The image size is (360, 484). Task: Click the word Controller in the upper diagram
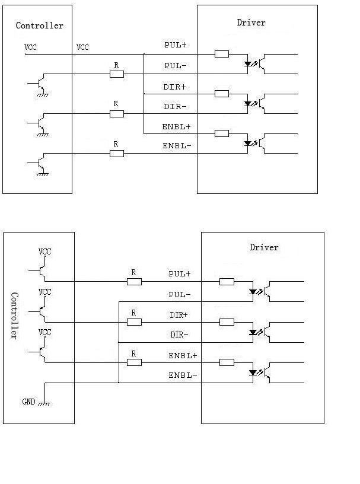(x=39, y=26)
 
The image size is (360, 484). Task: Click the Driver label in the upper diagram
(x=251, y=23)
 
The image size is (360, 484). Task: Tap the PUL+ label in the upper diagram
(x=175, y=45)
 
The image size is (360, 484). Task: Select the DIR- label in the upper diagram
(x=175, y=107)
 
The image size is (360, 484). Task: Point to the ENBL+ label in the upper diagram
(x=176, y=127)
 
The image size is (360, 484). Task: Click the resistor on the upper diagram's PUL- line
(x=117, y=74)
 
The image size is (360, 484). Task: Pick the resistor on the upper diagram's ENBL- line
(x=117, y=154)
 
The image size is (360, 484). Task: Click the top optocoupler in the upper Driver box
(x=256, y=63)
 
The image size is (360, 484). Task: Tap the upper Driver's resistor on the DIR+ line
(x=222, y=94)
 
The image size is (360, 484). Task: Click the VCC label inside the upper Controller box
(x=30, y=47)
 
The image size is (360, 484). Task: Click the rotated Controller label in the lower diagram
(x=15, y=316)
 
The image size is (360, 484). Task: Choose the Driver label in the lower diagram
(x=264, y=247)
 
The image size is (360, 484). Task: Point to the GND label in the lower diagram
(x=28, y=402)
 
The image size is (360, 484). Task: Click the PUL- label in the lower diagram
(x=180, y=294)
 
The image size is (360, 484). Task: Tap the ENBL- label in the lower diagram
(x=183, y=375)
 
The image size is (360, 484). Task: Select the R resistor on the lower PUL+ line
(x=134, y=282)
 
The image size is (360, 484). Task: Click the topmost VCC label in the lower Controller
(x=45, y=251)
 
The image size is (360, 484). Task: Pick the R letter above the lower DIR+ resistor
(x=133, y=313)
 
